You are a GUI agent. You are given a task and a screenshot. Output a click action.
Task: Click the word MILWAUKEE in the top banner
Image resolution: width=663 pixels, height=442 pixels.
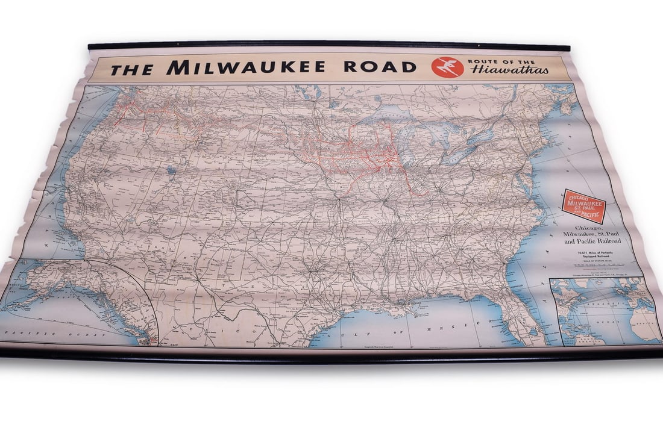[246, 67]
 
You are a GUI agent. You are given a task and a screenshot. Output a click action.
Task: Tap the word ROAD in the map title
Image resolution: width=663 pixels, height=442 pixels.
[380, 66]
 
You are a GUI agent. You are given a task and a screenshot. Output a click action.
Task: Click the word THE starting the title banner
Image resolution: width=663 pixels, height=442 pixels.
[131, 69]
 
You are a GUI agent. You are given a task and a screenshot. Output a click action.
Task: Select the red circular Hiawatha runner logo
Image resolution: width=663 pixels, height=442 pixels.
[448, 67]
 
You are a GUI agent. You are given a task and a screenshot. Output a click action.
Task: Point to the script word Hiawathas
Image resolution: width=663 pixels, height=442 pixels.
[510, 70]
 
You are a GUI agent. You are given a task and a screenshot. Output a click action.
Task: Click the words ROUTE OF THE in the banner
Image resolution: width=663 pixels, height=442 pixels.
[501, 61]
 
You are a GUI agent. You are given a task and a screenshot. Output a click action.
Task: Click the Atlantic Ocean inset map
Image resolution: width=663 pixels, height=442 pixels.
[606, 310]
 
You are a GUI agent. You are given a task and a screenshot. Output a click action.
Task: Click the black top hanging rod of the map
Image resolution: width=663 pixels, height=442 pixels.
[328, 45]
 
